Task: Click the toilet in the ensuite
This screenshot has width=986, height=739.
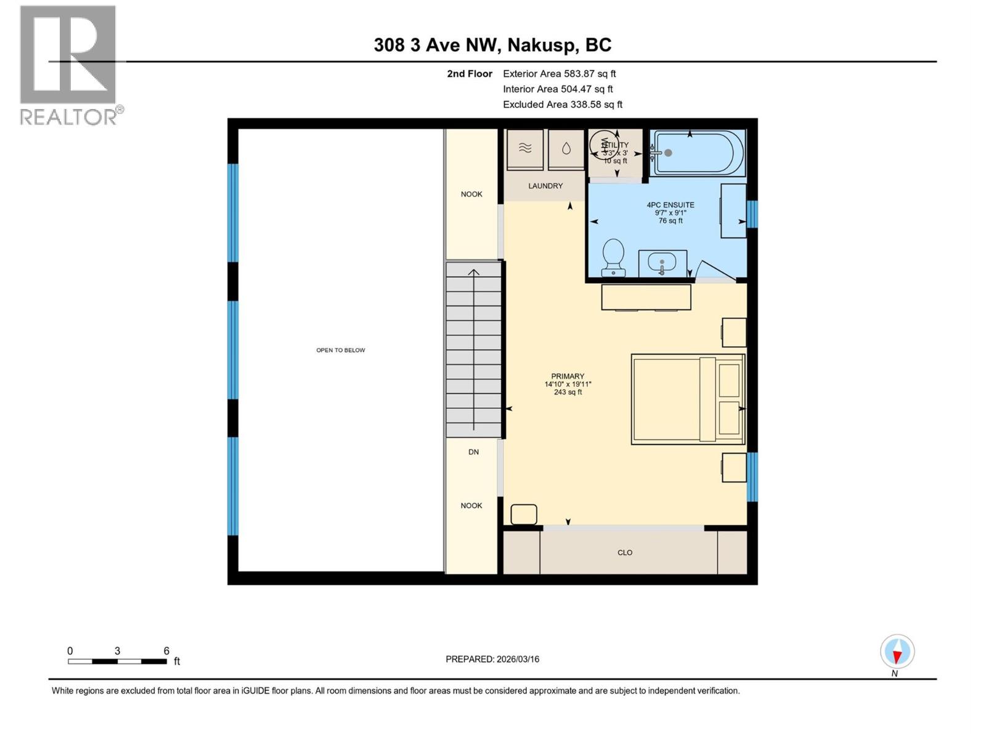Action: [x=613, y=257]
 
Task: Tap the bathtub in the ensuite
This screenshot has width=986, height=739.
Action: [x=698, y=153]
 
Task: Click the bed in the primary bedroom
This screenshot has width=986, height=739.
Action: [x=687, y=399]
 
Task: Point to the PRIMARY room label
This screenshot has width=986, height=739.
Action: [x=568, y=376]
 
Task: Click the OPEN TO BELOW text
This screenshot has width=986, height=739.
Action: [x=341, y=350]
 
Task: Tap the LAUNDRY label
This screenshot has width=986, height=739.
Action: [x=545, y=186]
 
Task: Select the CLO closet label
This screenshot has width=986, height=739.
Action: [x=625, y=553]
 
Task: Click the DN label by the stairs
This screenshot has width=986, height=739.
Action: [x=473, y=452]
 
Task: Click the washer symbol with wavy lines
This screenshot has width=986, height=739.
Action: [x=525, y=148]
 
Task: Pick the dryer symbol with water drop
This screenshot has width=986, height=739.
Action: [x=566, y=148]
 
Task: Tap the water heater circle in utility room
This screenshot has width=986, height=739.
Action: [x=603, y=145]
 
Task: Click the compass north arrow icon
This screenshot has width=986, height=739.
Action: [x=897, y=652]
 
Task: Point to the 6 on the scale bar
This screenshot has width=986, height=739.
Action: [x=166, y=651]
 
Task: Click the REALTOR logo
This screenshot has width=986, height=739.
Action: [x=69, y=65]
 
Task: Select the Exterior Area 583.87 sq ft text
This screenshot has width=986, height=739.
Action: [x=559, y=74]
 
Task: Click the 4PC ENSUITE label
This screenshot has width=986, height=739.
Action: [x=670, y=205]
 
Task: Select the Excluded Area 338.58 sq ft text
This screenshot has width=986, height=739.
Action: [x=562, y=105]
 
